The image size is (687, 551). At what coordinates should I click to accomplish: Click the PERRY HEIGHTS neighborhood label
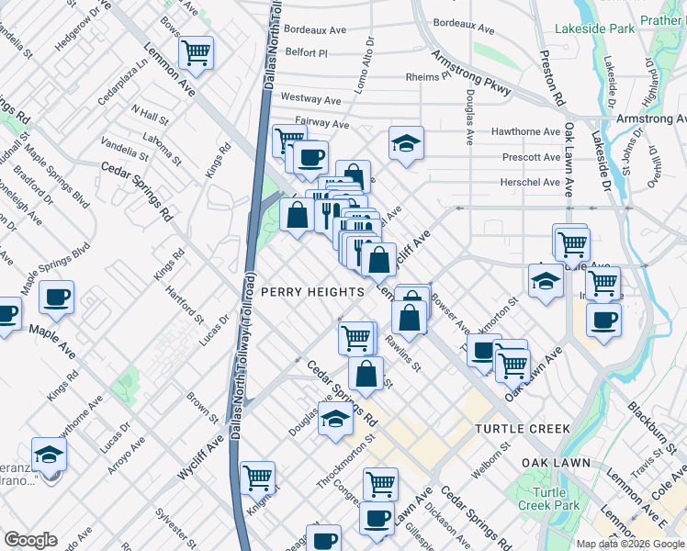pyautogui.click(x=312, y=291)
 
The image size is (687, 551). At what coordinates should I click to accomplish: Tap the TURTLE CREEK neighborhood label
pyautogui.click(x=523, y=429)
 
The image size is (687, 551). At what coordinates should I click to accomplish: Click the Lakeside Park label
pyautogui.click(x=594, y=28)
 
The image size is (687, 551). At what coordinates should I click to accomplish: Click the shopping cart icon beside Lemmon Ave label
pyautogui.click(x=196, y=53)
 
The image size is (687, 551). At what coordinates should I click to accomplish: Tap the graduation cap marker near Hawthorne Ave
pyautogui.click(x=406, y=143)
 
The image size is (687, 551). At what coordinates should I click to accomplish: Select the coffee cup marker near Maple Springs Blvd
pyautogui.click(x=56, y=297)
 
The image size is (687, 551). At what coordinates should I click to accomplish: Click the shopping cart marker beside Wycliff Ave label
pyautogui.click(x=258, y=477)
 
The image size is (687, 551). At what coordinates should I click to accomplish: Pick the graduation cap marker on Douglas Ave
pyautogui.click(x=336, y=418)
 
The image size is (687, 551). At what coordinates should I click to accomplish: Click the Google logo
pyautogui.click(x=30, y=540)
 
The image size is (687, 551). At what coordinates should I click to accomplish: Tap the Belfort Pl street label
pyautogui.click(x=306, y=53)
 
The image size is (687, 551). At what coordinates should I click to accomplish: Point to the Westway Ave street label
pyautogui.click(x=310, y=97)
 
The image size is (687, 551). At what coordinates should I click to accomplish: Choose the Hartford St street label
pyautogui.click(x=185, y=306)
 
